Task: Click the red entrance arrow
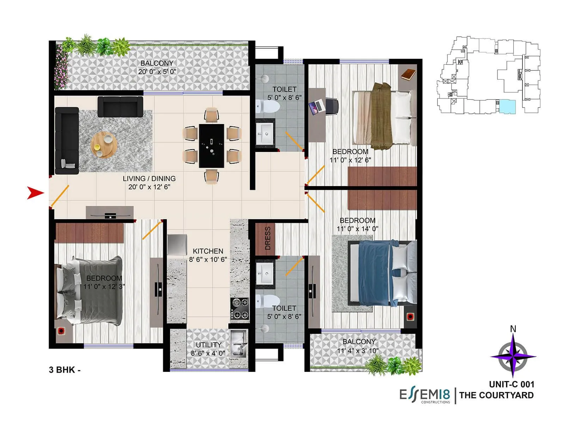click(35, 193)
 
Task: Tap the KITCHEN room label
click(208, 251)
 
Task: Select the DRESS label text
click(268, 238)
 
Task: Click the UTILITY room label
click(209, 345)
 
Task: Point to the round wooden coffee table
click(104, 145)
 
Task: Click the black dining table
click(211, 146)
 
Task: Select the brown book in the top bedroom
click(408, 74)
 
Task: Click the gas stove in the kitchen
click(239, 308)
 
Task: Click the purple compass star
click(513, 356)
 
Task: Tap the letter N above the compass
click(513, 329)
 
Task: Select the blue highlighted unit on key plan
click(507, 106)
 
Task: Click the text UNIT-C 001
click(511, 384)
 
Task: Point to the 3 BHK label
click(65, 370)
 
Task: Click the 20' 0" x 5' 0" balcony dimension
click(157, 72)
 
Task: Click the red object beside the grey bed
click(61, 331)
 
